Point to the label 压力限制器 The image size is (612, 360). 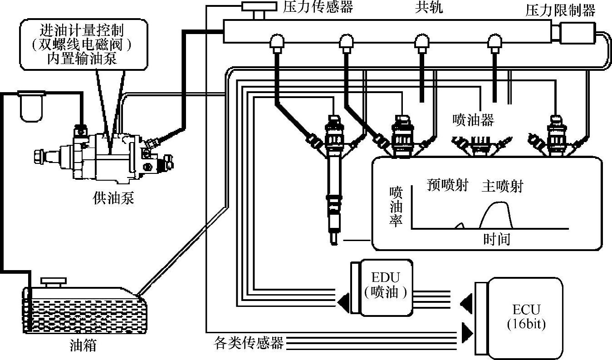[560, 10]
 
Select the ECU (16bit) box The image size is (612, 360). [526, 316]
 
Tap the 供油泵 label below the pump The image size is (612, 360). [113, 198]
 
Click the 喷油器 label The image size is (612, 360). [473, 120]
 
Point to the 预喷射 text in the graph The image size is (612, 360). [447, 185]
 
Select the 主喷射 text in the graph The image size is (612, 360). [502, 186]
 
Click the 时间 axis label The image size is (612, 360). [496, 239]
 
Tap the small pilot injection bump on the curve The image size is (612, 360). [460, 225]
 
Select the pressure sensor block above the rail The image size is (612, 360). [259, 7]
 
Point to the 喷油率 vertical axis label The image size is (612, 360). [396, 207]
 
